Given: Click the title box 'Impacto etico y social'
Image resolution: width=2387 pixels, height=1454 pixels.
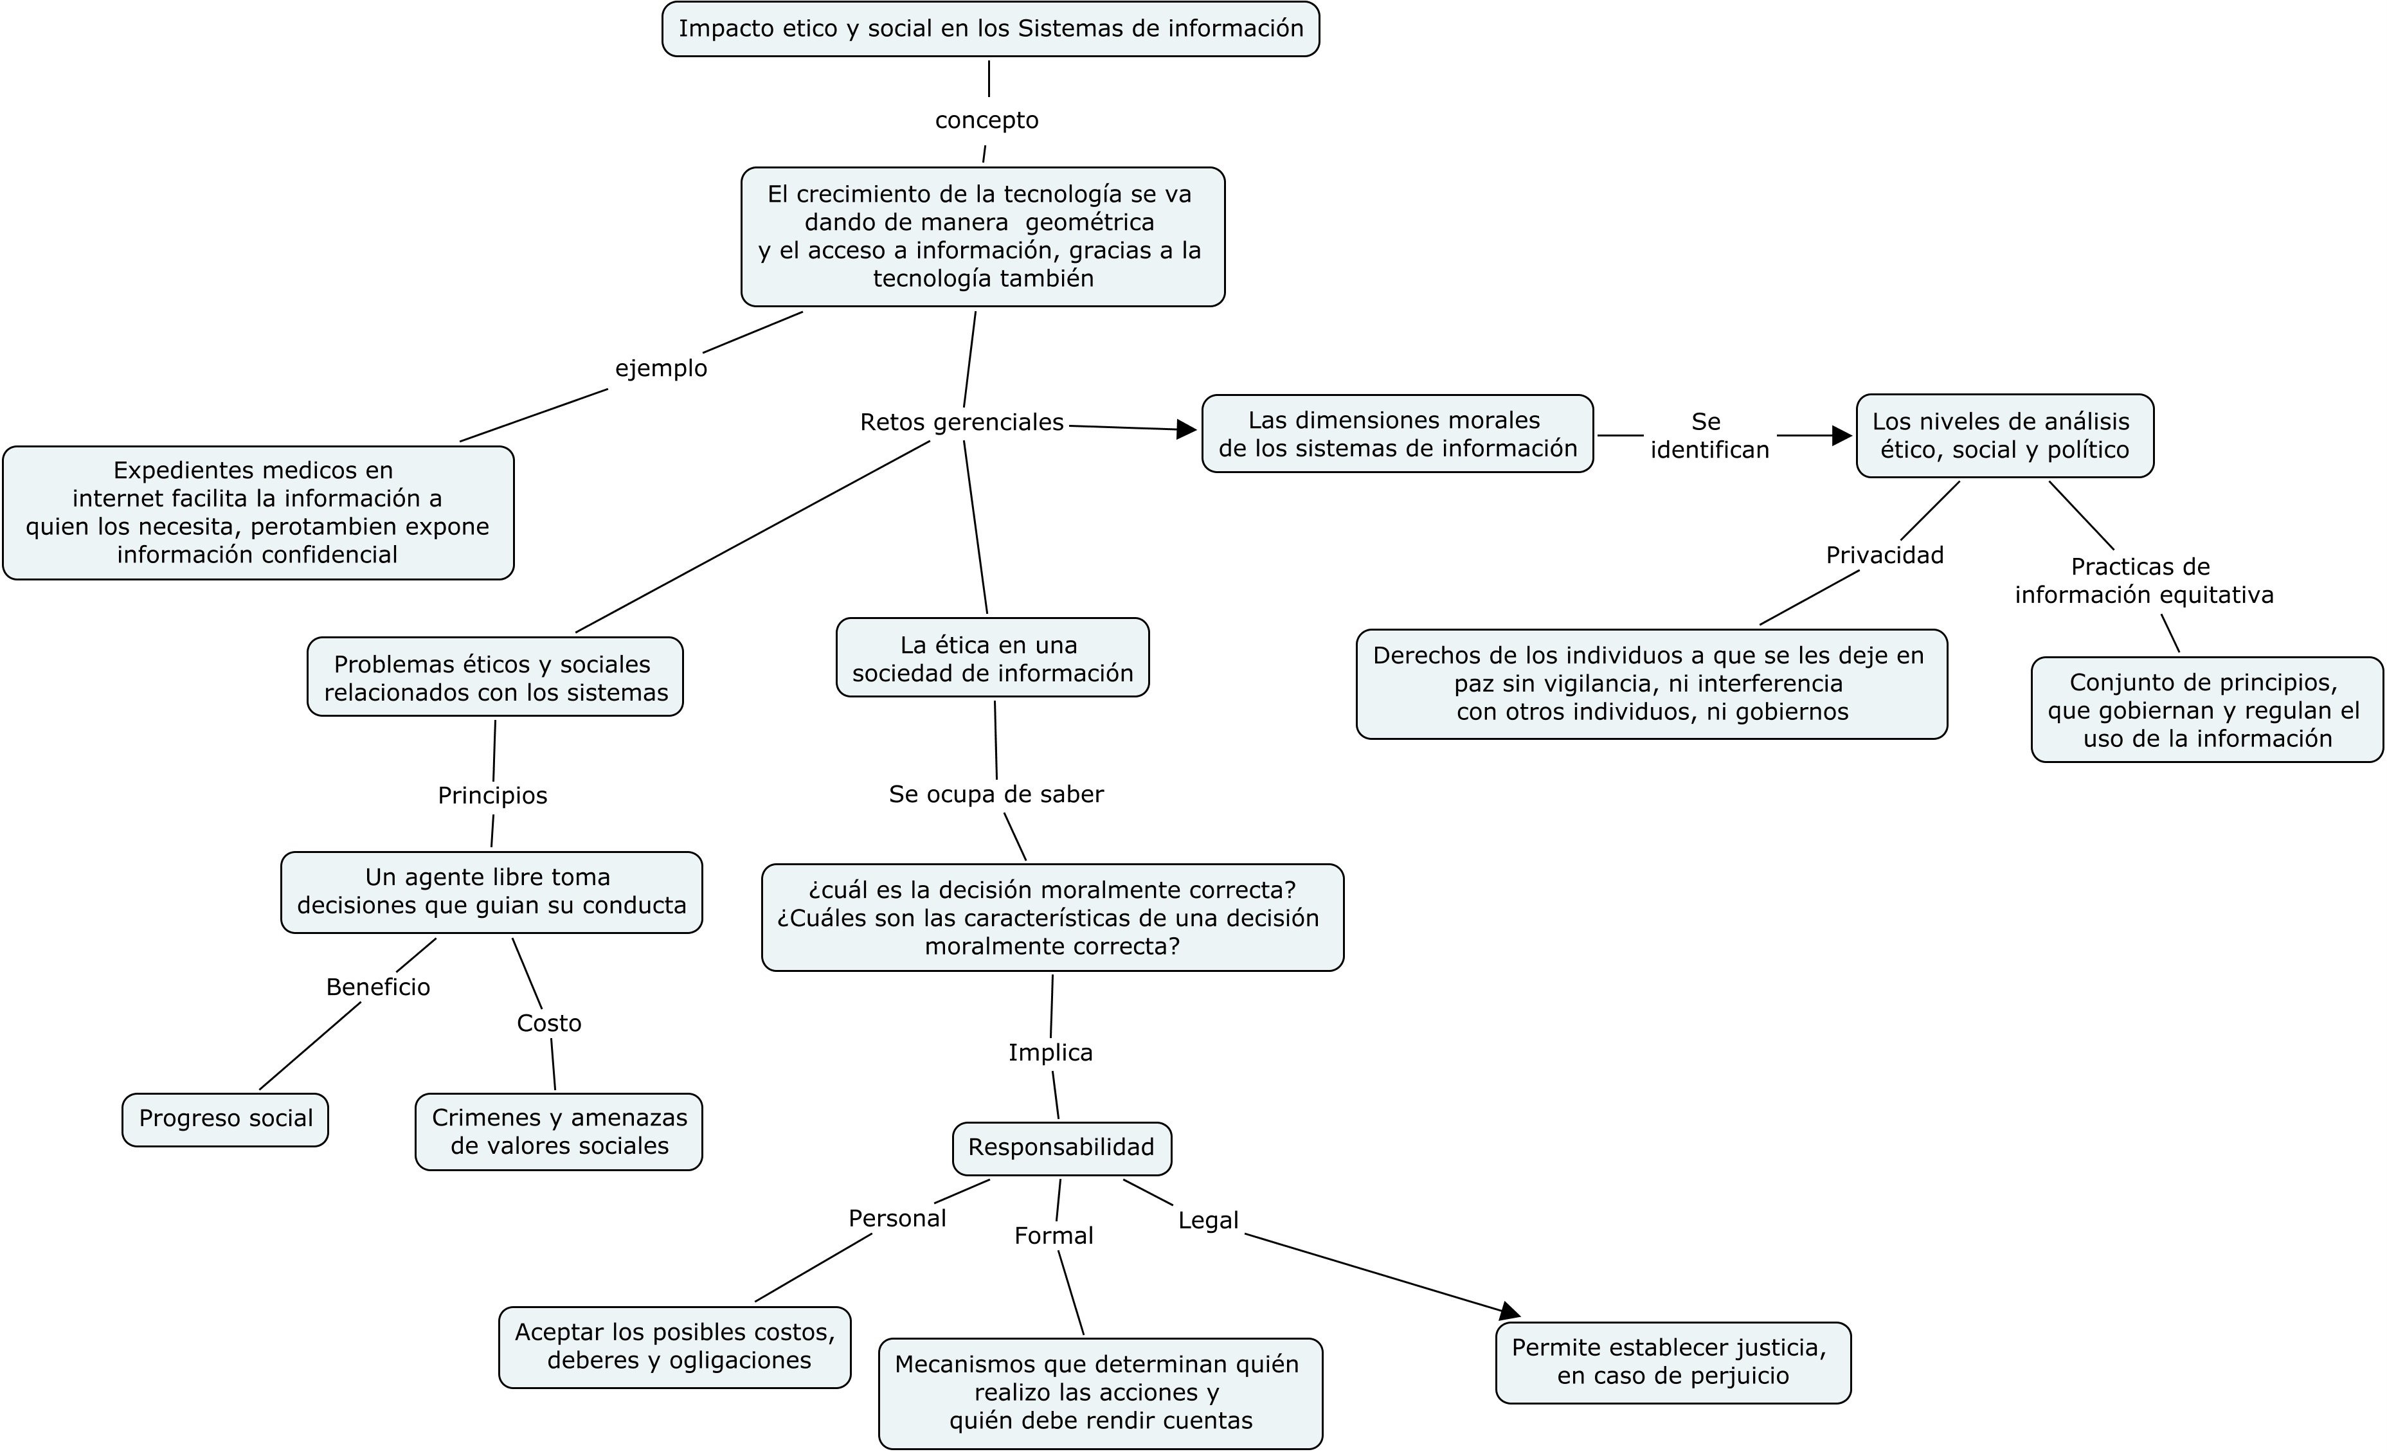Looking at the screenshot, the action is click(990, 29).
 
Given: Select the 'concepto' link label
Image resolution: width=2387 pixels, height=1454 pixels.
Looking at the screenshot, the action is click(986, 120).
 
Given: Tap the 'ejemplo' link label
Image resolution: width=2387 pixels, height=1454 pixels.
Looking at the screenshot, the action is click(661, 369).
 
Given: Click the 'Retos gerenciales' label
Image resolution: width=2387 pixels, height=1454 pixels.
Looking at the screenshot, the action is click(962, 422).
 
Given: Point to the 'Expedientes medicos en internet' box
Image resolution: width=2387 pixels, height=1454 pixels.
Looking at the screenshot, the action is click(258, 512).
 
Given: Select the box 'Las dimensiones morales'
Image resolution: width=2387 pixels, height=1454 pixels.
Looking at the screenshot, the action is click(1398, 434).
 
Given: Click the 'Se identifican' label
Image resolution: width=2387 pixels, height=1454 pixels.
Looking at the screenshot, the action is click(1709, 436).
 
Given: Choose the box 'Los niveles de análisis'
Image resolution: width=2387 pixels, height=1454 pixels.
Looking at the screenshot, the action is click(2005, 436).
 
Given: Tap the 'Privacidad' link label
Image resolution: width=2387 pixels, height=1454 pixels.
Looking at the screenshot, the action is click(1884, 555).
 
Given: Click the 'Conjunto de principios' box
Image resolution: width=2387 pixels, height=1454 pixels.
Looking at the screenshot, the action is click(2207, 710).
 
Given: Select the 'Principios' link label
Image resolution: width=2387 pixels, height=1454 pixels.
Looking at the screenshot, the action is click(492, 795).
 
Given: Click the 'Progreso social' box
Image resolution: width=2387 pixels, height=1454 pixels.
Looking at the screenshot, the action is click(226, 1120).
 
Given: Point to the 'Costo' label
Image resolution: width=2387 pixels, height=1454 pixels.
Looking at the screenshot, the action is click(549, 1023).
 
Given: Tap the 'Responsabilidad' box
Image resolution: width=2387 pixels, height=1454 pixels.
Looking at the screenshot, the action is click(1062, 1148).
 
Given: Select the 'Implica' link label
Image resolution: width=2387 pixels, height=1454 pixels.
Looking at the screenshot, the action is click(1050, 1052).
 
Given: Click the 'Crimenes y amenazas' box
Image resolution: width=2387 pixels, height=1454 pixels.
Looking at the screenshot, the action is click(559, 1133).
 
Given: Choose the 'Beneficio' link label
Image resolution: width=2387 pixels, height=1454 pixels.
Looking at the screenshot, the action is click(378, 987).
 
